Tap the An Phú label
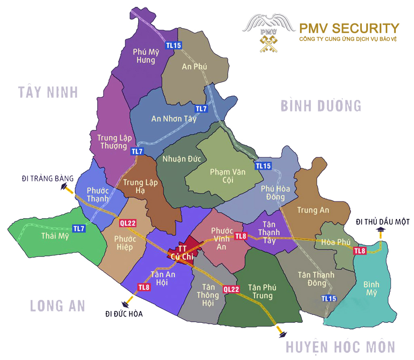pos(194,67)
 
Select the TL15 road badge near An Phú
pos(173,45)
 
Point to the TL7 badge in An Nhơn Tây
pos(201,109)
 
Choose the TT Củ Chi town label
pos(182,252)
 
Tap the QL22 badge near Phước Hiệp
pos(127,222)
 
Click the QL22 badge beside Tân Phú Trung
pos(231,289)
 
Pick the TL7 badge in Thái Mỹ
pos(79,228)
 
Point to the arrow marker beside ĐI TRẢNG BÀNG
pos(64,187)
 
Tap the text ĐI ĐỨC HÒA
pos(124,314)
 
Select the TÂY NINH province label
pos(48,92)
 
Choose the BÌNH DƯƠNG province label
pos(321,106)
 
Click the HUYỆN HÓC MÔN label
pos(340,347)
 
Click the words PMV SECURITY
pos(349,28)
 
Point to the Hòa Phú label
pos(335,242)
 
